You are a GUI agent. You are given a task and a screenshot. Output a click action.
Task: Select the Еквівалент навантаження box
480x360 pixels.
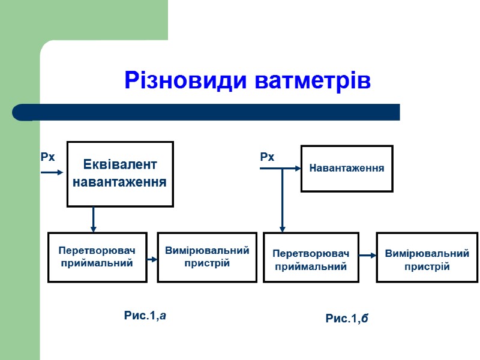120,173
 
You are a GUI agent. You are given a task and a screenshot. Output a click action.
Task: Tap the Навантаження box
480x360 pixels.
347,169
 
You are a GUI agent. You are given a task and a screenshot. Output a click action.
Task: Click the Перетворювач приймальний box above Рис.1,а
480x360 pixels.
97,257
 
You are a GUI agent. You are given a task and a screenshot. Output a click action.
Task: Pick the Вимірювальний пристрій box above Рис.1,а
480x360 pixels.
203,257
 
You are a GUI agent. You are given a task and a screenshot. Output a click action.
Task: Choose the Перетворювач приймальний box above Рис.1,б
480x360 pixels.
311,257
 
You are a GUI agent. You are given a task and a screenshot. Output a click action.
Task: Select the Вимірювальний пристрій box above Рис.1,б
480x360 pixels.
427,257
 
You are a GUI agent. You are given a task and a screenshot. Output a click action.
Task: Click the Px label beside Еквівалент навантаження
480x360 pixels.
47,157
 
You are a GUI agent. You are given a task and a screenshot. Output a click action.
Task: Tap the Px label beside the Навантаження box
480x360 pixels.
267,157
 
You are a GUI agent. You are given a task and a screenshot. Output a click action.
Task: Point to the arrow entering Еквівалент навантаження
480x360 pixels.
52,173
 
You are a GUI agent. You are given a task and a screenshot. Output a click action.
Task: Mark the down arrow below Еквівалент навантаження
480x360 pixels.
93,220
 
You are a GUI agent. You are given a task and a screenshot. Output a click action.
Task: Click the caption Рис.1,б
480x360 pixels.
347,319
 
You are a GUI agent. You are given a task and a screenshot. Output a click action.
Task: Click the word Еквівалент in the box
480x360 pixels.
120,164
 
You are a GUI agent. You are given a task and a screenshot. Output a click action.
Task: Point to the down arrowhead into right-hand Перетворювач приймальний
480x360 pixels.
283,228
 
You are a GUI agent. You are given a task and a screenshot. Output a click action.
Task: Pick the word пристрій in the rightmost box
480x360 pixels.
427,266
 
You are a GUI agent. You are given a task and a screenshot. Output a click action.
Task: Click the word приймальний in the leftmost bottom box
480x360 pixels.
97,263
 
